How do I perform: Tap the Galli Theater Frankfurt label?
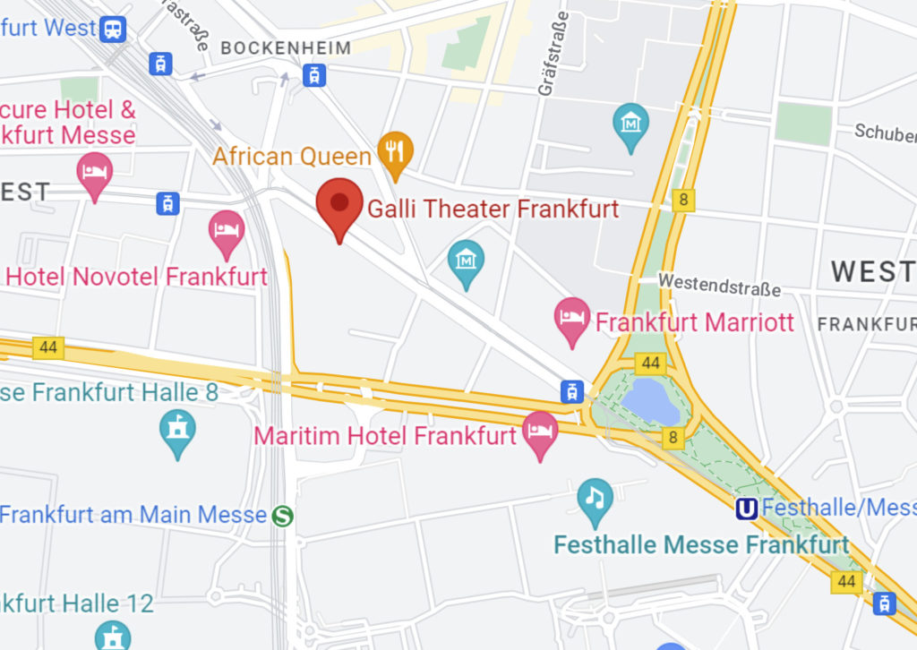(x=493, y=210)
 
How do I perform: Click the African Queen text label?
(x=292, y=157)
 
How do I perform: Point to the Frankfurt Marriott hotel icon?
(x=572, y=318)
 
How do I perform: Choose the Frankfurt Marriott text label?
(x=695, y=322)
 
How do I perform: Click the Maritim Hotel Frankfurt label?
(x=386, y=436)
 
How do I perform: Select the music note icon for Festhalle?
(x=596, y=499)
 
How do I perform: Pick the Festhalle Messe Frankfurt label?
(x=701, y=544)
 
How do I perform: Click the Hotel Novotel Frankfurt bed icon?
(x=227, y=230)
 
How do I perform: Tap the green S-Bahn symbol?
(x=285, y=515)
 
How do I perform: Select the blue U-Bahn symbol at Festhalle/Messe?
(x=745, y=509)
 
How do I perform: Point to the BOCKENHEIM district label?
(x=286, y=47)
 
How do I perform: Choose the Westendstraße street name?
(x=719, y=285)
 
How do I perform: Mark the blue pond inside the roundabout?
(x=651, y=400)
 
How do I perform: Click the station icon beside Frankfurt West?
(x=113, y=29)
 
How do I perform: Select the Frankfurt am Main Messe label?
(x=133, y=515)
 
